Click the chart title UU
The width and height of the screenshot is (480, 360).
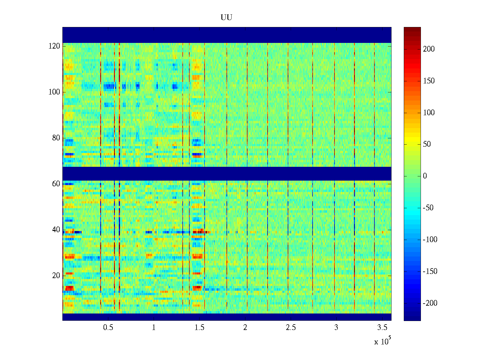tap(226, 18)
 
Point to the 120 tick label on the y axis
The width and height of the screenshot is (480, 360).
tap(54, 46)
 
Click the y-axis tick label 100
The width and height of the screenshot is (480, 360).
tap(54, 92)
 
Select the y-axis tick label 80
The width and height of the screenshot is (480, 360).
tap(56, 138)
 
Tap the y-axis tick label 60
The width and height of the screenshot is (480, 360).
tap(56, 184)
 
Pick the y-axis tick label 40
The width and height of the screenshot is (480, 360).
tap(56, 230)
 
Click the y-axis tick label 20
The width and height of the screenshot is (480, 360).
tap(56, 276)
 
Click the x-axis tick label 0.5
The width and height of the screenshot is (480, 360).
tap(108, 328)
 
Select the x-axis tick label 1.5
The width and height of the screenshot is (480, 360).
tap(199, 328)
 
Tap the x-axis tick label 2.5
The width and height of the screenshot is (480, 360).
tap(291, 328)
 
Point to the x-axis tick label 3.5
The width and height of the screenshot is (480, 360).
tap(382, 328)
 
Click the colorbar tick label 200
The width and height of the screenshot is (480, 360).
tap(429, 49)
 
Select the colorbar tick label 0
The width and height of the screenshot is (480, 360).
tap(425, 176)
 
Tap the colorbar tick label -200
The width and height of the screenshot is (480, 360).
tap(430, 303)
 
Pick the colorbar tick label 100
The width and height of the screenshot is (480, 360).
tap(429, 113)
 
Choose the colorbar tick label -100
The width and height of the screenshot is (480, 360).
tap(430, 240)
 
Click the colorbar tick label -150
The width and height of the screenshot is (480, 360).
tap(430, 271)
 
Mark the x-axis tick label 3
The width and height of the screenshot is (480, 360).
tap(336, 328)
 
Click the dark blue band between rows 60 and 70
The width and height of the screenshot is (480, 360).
tap(227, 174)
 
